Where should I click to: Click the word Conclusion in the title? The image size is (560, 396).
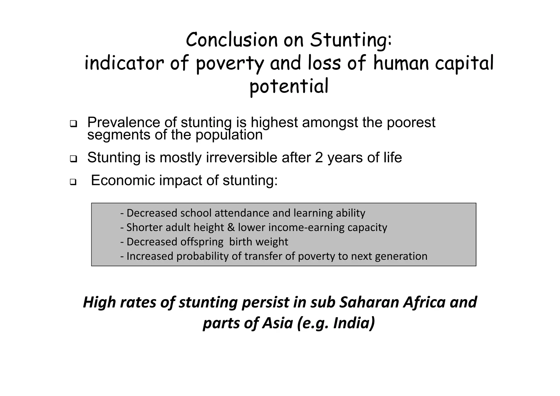click(x=231, y=40)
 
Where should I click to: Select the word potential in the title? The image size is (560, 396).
click(x=289, y=86)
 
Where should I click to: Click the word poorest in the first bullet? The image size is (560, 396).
click(x=411, y=123)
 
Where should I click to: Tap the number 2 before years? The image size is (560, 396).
click(x=319, y=158)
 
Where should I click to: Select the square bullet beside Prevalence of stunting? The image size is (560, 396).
click(x=73, y=124)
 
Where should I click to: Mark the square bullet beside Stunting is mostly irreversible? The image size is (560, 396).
click(x=73, y=159)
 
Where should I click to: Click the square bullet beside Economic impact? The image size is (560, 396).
click(x=73, y=182)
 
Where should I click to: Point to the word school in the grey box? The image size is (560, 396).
click(x=196, y=213)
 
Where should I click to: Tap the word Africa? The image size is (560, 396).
click(x=424, y=302)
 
